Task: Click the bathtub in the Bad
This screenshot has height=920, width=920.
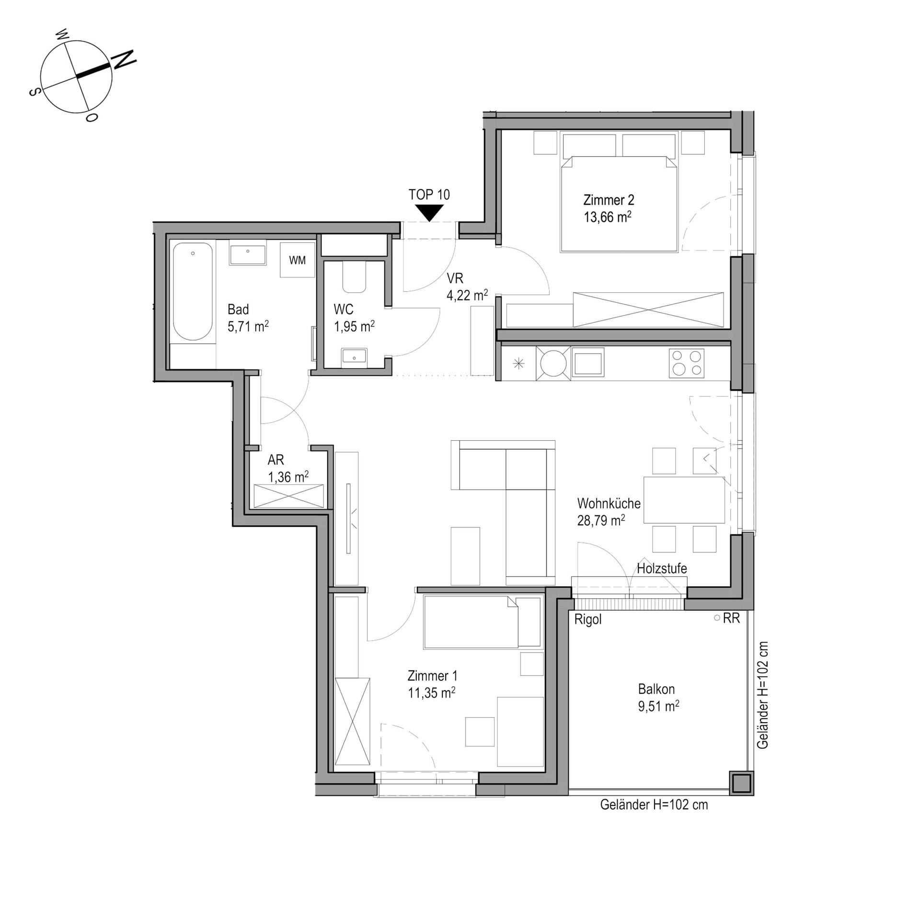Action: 193,292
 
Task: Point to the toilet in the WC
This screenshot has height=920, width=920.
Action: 355,277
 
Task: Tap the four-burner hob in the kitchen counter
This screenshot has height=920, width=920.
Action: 687,363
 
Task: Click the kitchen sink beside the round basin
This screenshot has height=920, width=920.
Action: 588,363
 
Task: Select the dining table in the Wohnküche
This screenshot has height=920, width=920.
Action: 684,500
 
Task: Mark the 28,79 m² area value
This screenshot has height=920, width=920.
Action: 601,520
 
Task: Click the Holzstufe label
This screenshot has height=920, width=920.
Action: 662,569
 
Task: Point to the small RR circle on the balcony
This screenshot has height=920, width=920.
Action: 717,618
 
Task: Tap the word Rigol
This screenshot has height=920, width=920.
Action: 588,620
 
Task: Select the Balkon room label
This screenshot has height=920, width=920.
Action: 656,690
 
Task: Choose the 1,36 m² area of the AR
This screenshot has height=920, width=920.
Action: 288,477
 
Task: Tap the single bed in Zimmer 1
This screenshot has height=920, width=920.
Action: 483,621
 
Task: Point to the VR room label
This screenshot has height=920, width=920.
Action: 455,278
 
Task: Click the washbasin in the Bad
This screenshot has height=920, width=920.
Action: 248,255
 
